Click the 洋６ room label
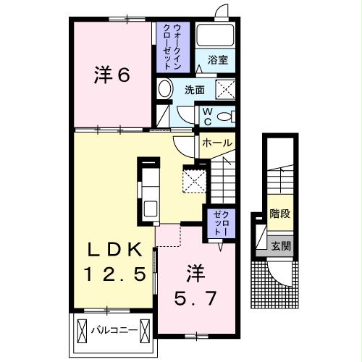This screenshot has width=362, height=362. tap(112, 75)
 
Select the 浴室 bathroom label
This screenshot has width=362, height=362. tap(218, 60)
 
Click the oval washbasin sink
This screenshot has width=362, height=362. tap(165, 90)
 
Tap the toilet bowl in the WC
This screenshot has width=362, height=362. tap(224, 117)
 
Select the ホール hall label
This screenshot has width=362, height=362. tap(216, 143)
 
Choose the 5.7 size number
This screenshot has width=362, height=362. tap(196, 296)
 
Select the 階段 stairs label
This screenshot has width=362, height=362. tap(279, 214)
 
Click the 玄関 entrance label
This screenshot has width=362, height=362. tap(280, 245)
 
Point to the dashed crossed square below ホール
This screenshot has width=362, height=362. tap(195, 180)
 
